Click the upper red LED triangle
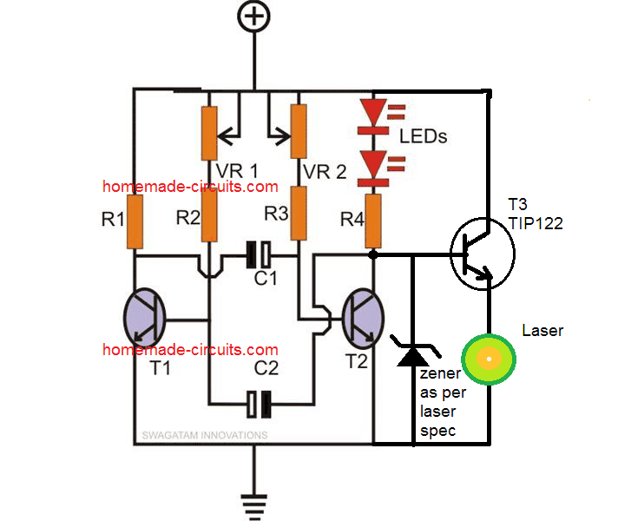[373, 115]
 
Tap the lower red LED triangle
[373, 164]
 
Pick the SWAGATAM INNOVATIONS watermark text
[205, 435]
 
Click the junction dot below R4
[373, 255]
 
